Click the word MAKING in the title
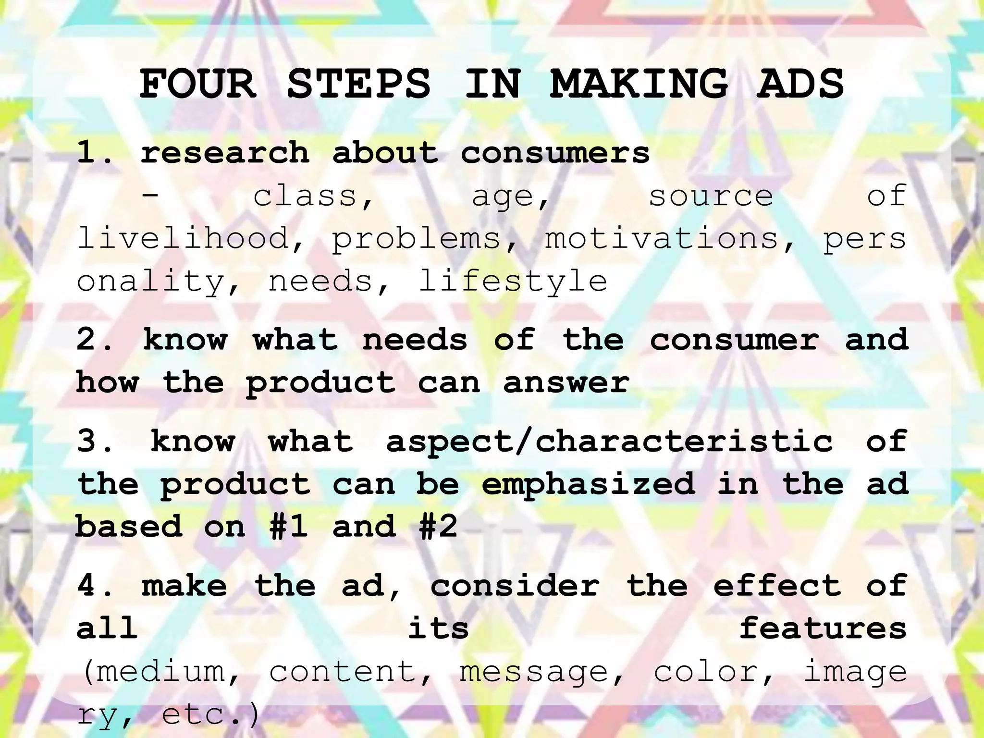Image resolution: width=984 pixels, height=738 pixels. [639, 84]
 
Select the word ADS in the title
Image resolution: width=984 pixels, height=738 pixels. [800, 84]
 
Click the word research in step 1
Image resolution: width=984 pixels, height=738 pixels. [225, 153]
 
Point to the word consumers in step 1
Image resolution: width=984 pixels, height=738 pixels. [555, 153]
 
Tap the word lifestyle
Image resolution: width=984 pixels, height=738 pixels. [513, 282]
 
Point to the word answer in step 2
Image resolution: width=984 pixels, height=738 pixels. [566, 383]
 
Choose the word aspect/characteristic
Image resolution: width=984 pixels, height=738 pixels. [609, 442]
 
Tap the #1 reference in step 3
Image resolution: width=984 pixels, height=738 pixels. [289, 527]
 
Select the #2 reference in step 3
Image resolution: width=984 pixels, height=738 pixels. [438, 527]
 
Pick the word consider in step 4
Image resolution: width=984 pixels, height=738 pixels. [515, 586]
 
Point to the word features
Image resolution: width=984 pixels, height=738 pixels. [823, 628]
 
